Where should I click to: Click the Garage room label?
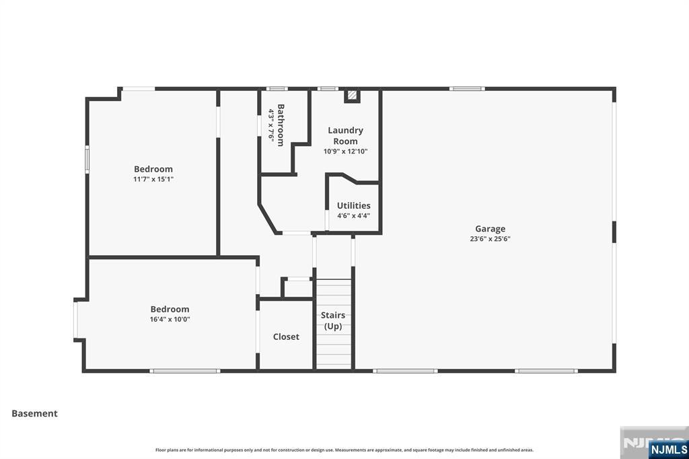(490, 229)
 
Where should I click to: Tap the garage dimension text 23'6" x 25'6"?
(490, 239)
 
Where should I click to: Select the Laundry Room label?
(345, 135)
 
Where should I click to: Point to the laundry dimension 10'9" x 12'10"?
(345, 151)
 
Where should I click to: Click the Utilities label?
(353, 205)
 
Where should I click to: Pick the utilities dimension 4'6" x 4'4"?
(353, 216)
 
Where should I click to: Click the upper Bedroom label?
(153, 169)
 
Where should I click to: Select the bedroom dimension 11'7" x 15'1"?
(153, 179)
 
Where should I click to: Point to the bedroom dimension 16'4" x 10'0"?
(170, 320)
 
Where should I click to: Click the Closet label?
(286, 337)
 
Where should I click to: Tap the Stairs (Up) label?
(333, 320)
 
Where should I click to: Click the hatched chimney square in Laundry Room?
(352, 96)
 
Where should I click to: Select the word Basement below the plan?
(35, 413)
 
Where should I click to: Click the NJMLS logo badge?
(669, 449)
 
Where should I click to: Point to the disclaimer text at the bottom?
(344, 450)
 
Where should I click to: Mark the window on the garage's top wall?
(467, 88)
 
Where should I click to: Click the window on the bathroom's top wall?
(277, 88)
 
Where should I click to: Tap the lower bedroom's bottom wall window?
(184, 370)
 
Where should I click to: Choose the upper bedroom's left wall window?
(87, 160)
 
